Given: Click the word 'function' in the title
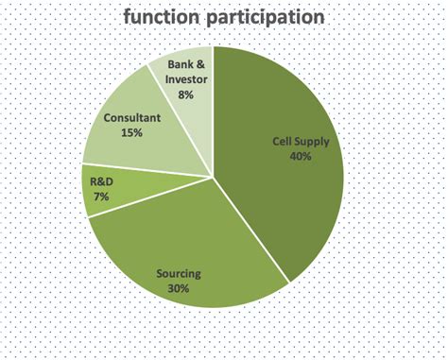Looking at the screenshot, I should [165, 17].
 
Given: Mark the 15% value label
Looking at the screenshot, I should [131, 133].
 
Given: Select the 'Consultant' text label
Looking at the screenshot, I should [132, 119].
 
